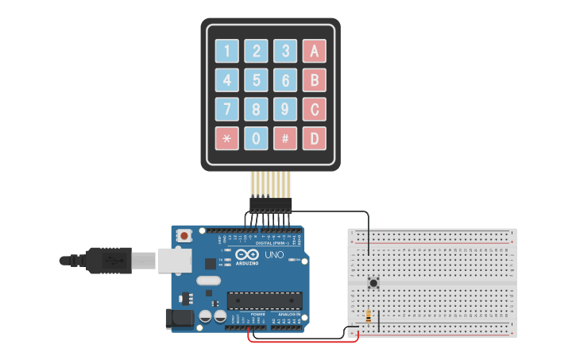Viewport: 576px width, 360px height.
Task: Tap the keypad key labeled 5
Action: pos(257,80)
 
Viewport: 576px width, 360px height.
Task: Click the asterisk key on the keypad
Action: pos(227,138)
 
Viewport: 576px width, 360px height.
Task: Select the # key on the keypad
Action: pos(285,138)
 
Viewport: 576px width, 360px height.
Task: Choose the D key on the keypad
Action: pos(314,138)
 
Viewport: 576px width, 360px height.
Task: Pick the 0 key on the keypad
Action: pos(257,138)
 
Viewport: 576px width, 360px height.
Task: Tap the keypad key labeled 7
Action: pos(227,109)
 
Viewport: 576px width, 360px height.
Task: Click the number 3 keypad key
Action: pos(285,52)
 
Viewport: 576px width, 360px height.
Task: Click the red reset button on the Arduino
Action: pos(185,236)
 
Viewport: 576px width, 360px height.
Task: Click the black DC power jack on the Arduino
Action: pos(179,319)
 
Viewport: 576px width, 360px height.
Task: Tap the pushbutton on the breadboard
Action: pos(373,282)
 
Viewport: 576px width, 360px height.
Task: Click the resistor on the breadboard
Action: pos(368,315)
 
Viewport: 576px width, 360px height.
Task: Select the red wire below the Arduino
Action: pos(302,342)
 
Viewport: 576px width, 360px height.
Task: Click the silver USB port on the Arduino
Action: pos(171,259)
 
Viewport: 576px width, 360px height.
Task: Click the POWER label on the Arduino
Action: pos(258,315)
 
